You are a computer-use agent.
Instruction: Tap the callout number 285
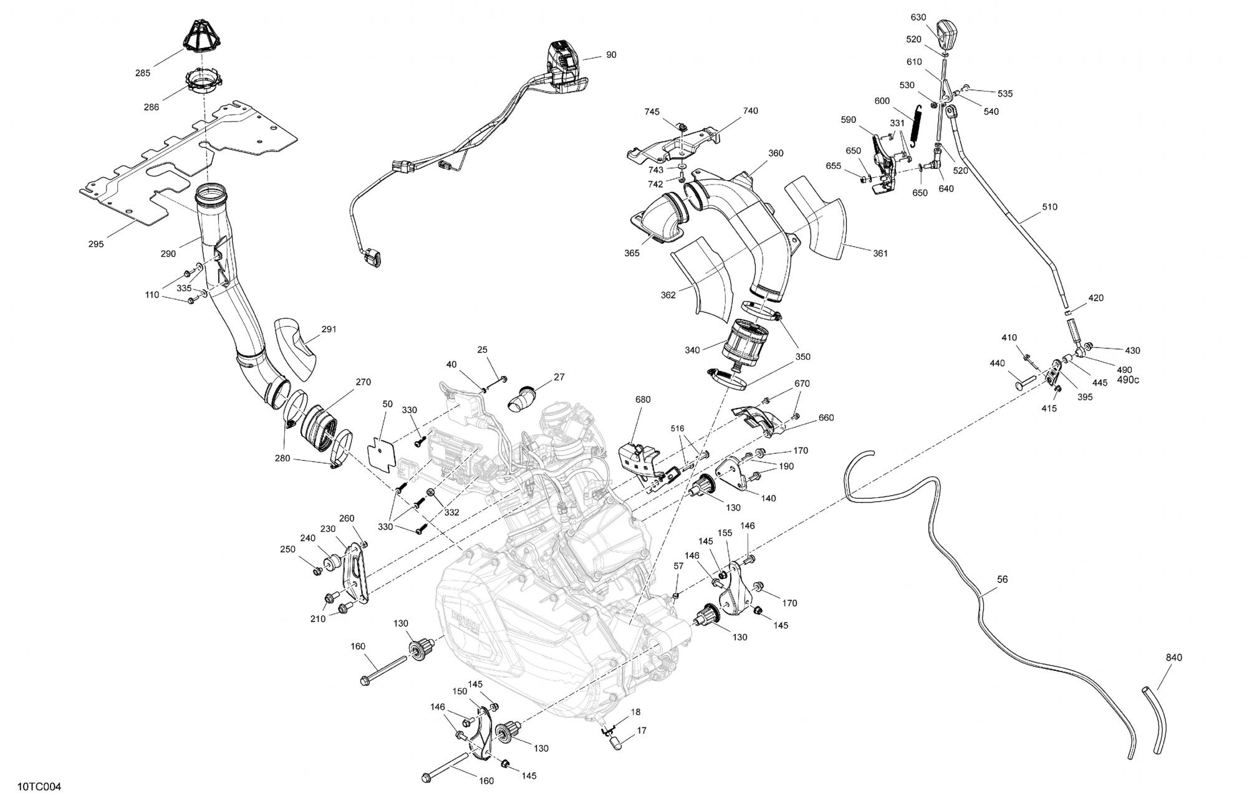click(x=142, y=73)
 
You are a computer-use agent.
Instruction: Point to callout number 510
click(x=1049, y=207)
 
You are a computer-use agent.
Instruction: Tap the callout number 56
click(x=1002, y=579)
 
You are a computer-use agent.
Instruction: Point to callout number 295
click(x=95, y=244)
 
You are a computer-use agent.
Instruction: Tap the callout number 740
click(x=750, y=111)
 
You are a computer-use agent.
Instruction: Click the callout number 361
click(x=880, y=253)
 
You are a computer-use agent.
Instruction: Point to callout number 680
click(x=642, y=400)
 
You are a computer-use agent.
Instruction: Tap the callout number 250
click(x=287, y=549)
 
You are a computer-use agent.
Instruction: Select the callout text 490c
click(x=1128, y=380)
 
